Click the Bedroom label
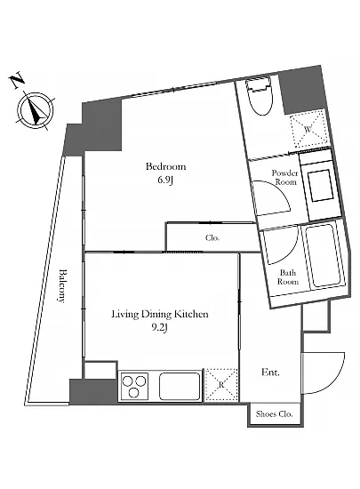pos(165,166)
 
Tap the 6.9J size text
pos(165,180)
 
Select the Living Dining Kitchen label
pos(160,314)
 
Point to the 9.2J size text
pos(160,327)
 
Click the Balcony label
pos(62,285)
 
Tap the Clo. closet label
pos(212,237)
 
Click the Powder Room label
pos(284,177)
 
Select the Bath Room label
pos(288,277)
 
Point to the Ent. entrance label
pos(270,372)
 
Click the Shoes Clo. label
pos(275,413)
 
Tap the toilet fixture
pos(259,96)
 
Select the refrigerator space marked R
pos(221,384)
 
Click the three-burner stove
pos(134,386)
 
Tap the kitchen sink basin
pos(180,386)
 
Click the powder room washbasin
pos(320,186)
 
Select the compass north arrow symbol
pos(36,110)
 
